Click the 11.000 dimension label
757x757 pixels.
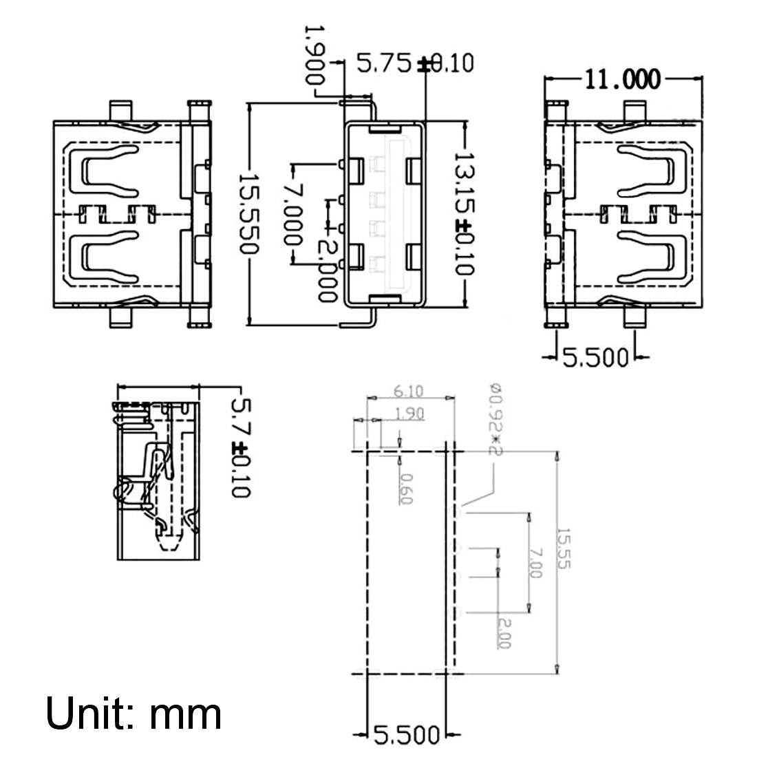(x=622, y=80)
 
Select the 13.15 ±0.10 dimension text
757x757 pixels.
(x=465, y=214)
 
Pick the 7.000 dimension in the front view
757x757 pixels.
(x=292, y=213)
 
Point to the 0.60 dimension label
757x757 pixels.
(x=405, y=489)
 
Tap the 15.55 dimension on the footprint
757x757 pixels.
(x=564, y=548)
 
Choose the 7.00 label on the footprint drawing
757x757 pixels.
(x=536, y=563)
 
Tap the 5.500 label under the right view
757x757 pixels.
(x=596, y=357)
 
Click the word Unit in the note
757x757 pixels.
(x=89, y=714)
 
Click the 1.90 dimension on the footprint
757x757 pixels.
(x=409, y=414)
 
